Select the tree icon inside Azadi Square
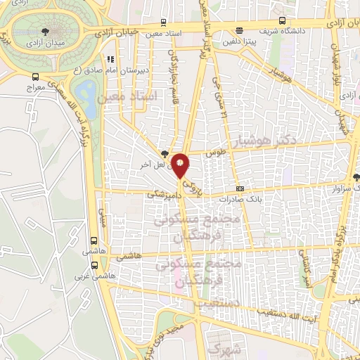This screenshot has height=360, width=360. coord(46,31)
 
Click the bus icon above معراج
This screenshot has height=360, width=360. coord(36,77)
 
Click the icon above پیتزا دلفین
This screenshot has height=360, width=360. coord(240,30)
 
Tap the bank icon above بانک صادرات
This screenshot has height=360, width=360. coord(240,188)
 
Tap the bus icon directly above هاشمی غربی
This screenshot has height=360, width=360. coord(95,265)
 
